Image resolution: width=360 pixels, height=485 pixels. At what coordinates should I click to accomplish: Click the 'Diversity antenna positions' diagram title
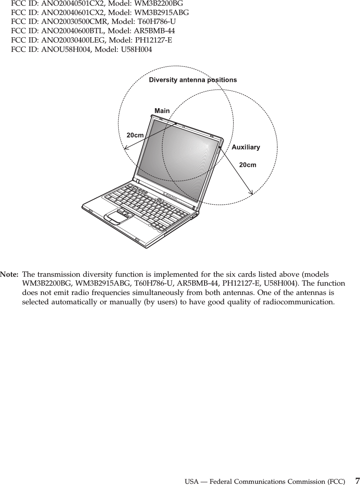point(193,80)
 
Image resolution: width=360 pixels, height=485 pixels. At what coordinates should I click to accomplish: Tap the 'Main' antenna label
point(162,110)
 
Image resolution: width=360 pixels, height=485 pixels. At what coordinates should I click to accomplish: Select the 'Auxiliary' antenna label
point(246,147)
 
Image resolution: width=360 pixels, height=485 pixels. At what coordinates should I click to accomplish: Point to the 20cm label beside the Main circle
point(135,135)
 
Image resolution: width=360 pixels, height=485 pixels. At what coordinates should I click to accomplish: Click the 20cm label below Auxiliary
point(248,165)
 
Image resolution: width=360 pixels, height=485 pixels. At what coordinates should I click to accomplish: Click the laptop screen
point(178,158)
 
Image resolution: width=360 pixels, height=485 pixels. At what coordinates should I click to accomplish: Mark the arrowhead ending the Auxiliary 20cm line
point(252,194)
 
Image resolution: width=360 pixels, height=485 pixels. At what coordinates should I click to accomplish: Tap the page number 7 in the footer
point(356,481)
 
